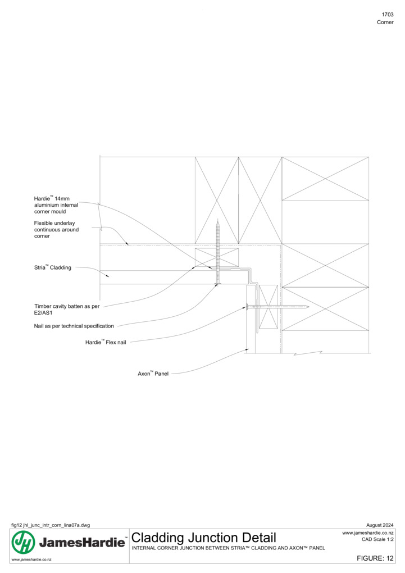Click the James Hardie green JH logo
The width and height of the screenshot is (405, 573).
click(24, 542)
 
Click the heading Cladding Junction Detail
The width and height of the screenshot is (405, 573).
click(203, 538)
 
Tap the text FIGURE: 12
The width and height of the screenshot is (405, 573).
click(375, 558)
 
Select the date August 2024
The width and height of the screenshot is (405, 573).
click(380, 525)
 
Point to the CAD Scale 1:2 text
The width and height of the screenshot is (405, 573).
click(377, 539)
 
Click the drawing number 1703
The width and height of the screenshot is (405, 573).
click(388, 15)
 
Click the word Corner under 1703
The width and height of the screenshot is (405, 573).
click(385, 22)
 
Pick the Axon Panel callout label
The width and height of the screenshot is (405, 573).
click(153, 374)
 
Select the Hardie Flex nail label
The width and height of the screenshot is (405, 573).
click(106, 342)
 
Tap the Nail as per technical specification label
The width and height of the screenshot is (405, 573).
click(74, 326)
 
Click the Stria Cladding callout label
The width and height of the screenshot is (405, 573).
click(53, 267)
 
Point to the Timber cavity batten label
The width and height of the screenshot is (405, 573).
click(67, 310)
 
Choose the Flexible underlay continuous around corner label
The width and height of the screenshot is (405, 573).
click(56, 230)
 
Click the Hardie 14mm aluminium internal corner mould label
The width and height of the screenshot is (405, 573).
click(56, 205)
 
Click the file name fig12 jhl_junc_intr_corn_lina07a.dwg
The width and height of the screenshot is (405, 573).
click(51, 525)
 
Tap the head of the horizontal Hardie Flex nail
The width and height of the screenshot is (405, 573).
click(248, 307)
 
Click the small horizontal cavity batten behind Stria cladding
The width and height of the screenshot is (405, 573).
click(217, 257)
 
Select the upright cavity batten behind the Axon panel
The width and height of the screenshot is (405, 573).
click(268, 307)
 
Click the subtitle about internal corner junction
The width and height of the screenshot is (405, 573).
click(229, 548)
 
